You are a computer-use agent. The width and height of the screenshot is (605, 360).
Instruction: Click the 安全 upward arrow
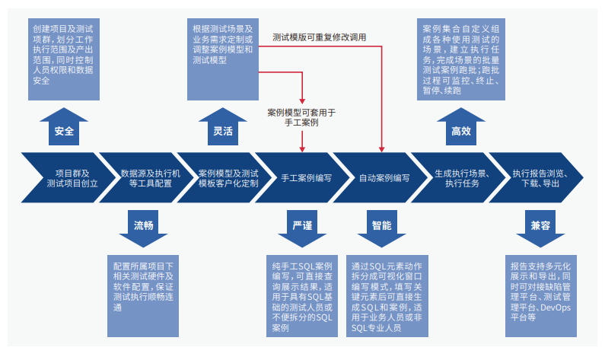[64, 127]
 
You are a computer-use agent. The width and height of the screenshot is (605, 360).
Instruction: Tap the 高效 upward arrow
[461, 127]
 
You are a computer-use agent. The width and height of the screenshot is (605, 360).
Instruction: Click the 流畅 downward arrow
[144, 228]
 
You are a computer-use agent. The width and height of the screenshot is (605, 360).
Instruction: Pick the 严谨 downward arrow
[302, 228]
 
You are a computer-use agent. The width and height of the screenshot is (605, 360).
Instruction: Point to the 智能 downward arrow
[382, 228]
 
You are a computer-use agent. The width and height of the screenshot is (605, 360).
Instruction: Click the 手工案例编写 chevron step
[301, 178]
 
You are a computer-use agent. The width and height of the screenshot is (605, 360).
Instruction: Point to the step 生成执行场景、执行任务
[461, 178]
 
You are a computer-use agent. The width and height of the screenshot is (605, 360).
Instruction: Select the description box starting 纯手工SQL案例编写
[302, 296]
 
